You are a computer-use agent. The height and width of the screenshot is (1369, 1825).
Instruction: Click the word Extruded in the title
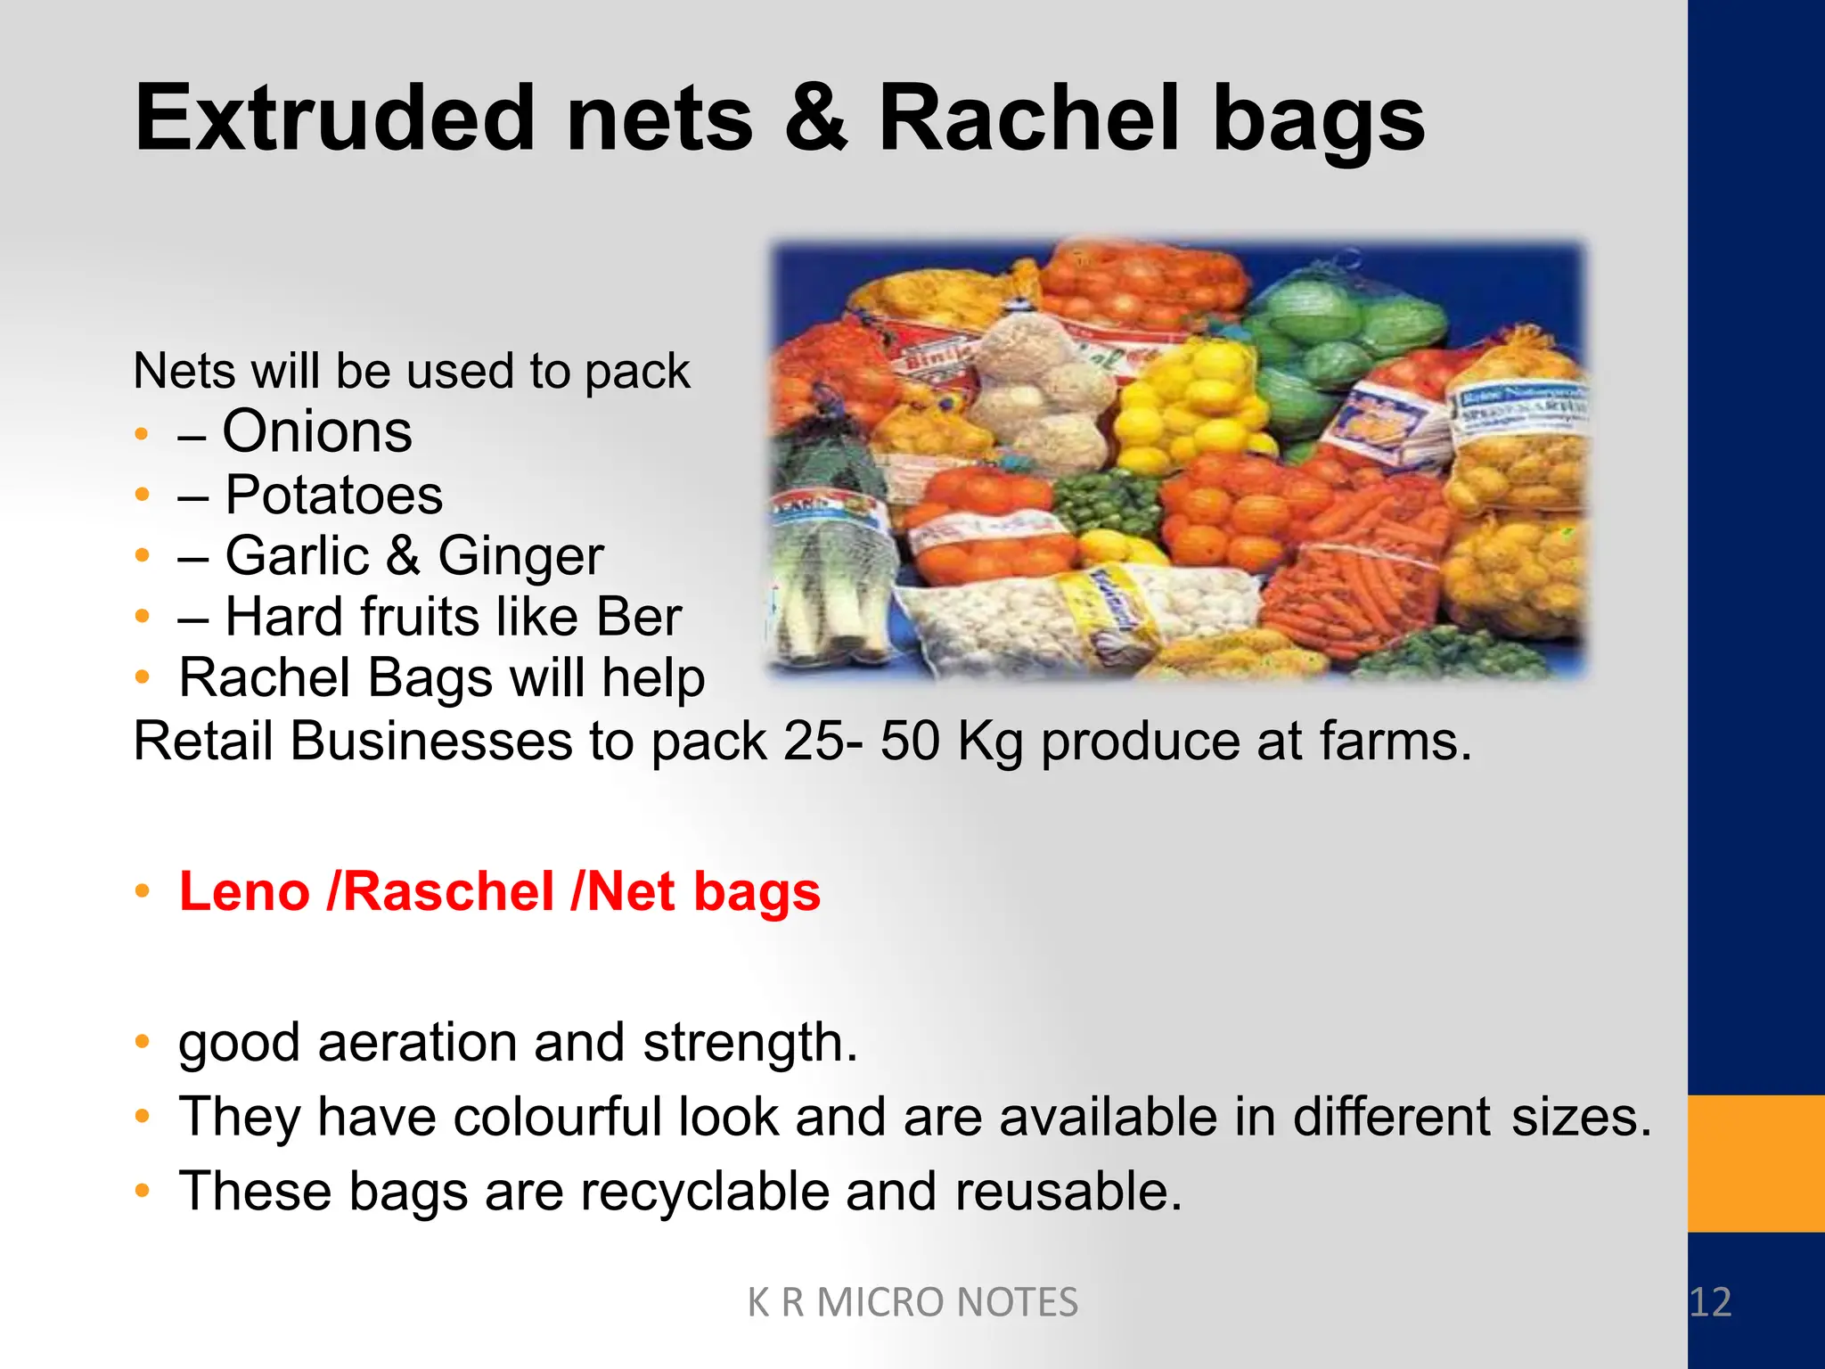[x=334, y=119]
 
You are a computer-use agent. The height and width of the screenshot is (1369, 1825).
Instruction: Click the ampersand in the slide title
[x=815, y=119]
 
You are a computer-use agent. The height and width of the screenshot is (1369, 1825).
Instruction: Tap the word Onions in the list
[x=316, y=432]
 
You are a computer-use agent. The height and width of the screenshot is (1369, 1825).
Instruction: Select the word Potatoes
[x=333, y=495]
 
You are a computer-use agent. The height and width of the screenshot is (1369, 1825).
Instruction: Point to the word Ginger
[x=520, y=556]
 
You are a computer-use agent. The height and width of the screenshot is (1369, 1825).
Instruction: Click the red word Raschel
[x=447, y=891]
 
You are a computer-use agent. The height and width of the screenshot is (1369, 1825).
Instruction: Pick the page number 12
[x=1709, y=1302]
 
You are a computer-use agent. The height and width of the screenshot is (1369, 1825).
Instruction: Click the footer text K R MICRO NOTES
[x=912, y=1302]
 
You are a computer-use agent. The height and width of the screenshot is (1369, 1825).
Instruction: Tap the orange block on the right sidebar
[x=1755, y=1163]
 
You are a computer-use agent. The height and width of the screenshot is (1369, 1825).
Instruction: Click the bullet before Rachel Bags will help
[x=142, y=677]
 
